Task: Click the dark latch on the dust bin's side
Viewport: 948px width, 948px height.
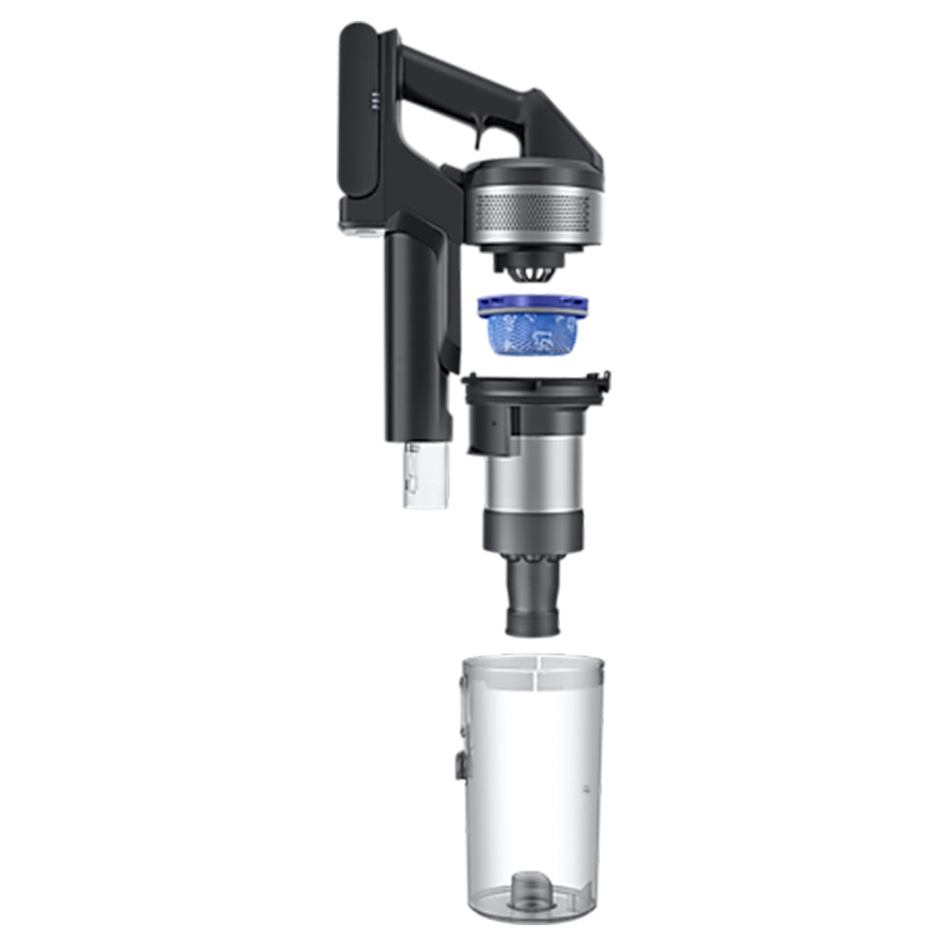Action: pos(459,763)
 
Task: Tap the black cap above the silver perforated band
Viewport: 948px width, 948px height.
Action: pos(535,173)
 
